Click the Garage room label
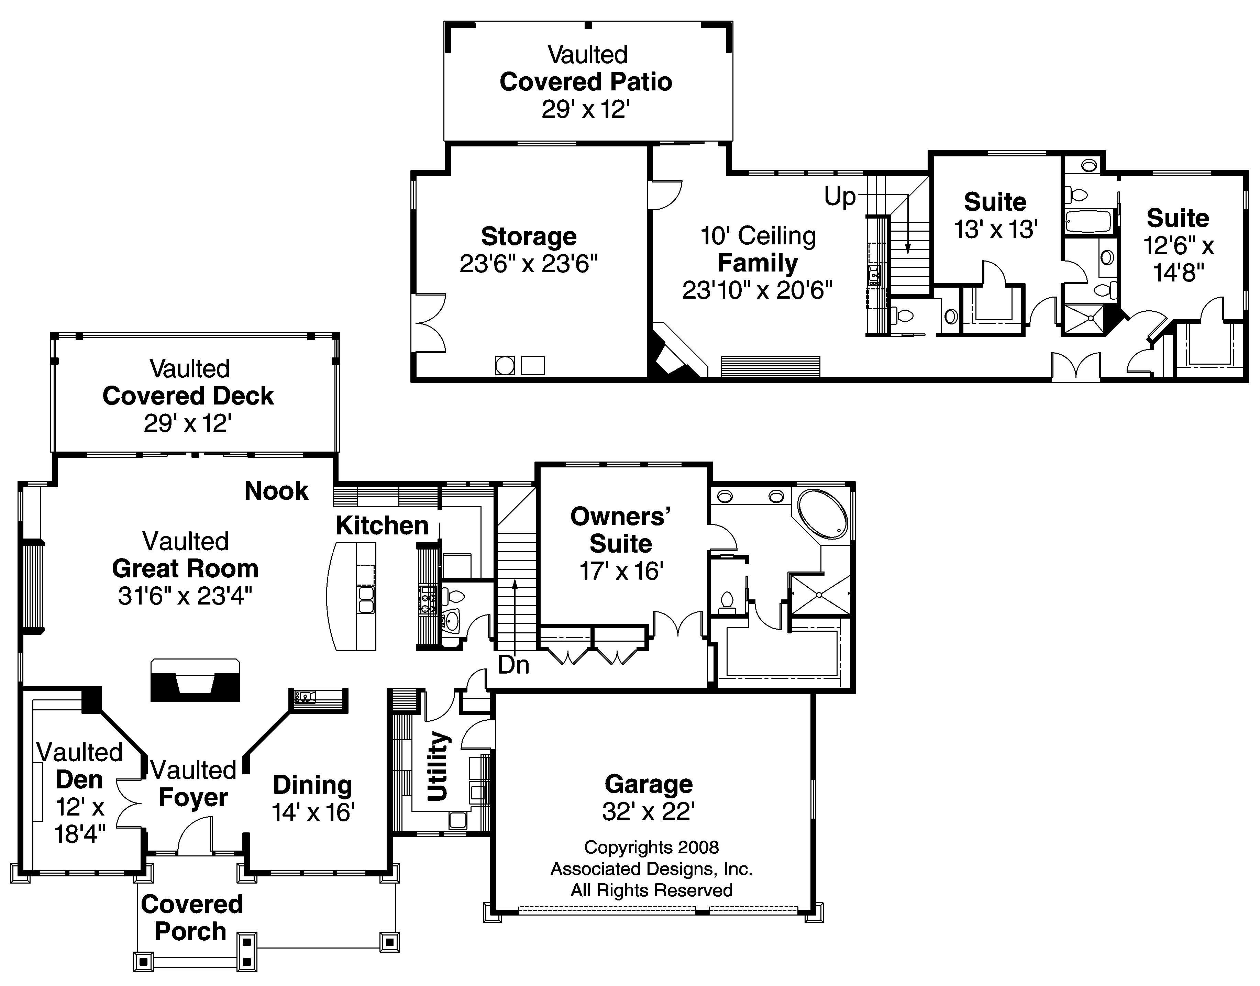tap(648, 784)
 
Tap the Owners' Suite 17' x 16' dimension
tap(621, 571)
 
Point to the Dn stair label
tap(513, 665)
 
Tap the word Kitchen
tap(382, 525)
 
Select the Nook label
tap(276, 491)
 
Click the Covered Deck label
tap(188, 396)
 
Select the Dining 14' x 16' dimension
tap(313, 812)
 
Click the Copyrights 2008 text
tap(651, 847)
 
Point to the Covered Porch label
tap(192, 918)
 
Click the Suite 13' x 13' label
tap(995, 202)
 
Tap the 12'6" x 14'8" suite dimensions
tap(1178, 259)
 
